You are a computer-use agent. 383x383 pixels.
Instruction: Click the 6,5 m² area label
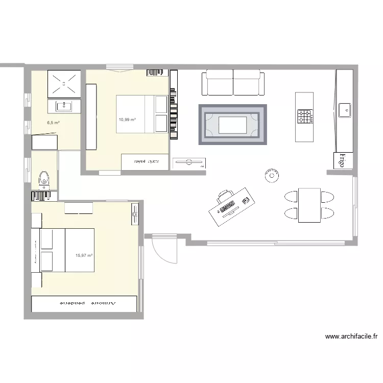click(x=53, y=123)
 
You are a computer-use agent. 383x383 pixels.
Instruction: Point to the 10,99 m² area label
click(x=127, y=119)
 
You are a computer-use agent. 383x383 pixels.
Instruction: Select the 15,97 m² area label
click(x=83, y=255)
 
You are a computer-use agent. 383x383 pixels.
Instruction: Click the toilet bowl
click(x=44, y=179)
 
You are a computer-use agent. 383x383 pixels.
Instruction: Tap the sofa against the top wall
click(x=233, y=83)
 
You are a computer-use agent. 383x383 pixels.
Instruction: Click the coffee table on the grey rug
click(x=232, y=125)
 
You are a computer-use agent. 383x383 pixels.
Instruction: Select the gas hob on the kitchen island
click(x=305, y=117)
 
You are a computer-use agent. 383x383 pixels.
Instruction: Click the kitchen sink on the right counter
click(x=345, y=109)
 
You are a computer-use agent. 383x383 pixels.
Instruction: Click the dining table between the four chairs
click(x=309, y=205)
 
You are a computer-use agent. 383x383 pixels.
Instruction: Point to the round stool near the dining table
click(x=271, y=176)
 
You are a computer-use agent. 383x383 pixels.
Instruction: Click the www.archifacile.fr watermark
click(x=351, y=337)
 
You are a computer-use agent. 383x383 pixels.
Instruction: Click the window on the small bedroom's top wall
click(x=120, y=67)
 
